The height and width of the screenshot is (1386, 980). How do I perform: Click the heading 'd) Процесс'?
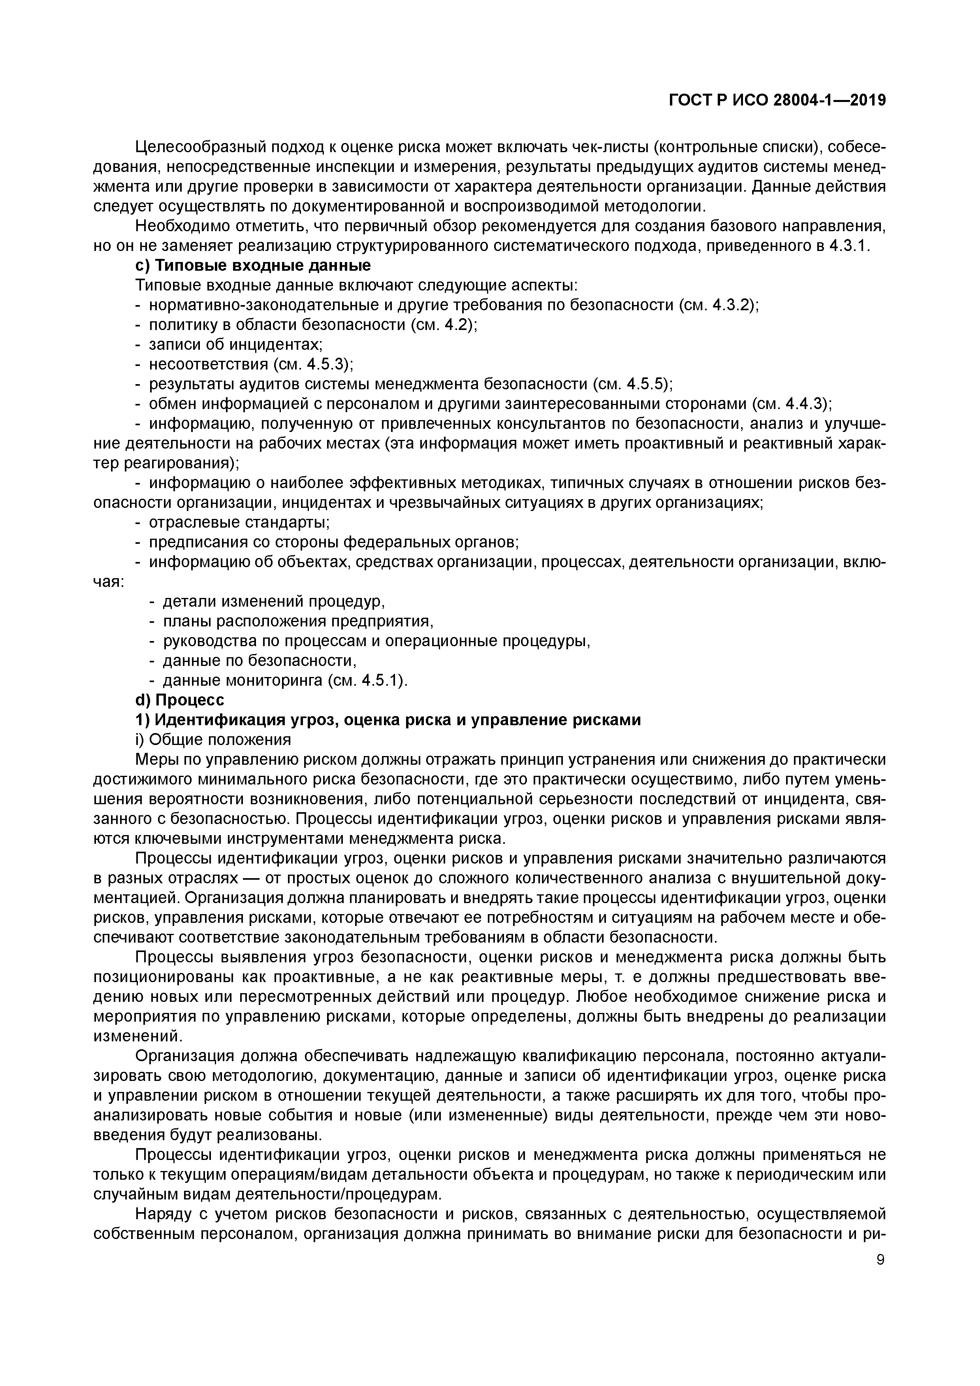pos(179,700)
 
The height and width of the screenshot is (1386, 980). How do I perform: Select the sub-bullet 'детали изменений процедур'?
pos(274,602)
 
